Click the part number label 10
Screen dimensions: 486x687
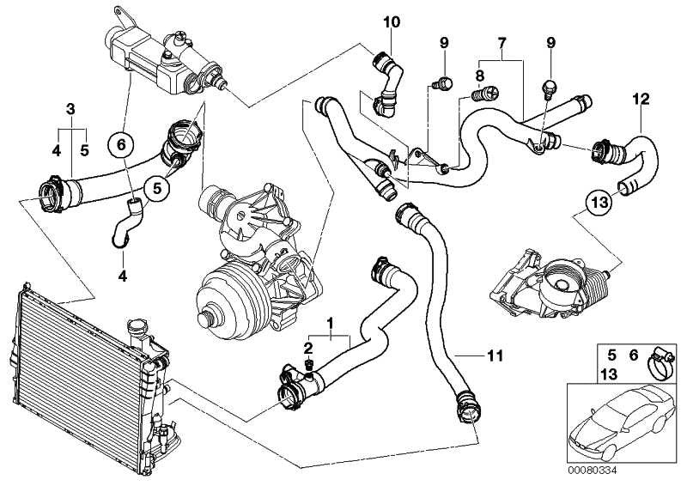click(391, 21)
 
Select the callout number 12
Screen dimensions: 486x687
click(640, 99)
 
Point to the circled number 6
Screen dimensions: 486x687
click(121, 146)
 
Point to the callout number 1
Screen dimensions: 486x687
click(329, 322)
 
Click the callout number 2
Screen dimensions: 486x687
click(307, 346)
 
